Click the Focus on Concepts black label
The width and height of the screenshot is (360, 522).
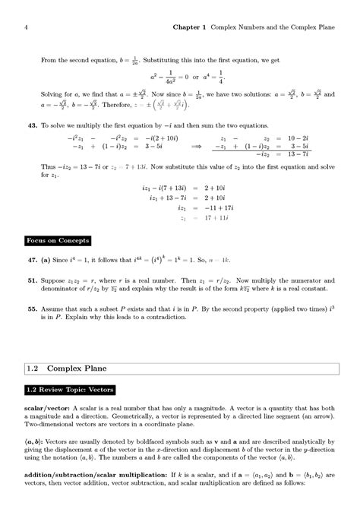[x=58, y=241]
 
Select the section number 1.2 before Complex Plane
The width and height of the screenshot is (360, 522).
[x=33, y=369]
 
